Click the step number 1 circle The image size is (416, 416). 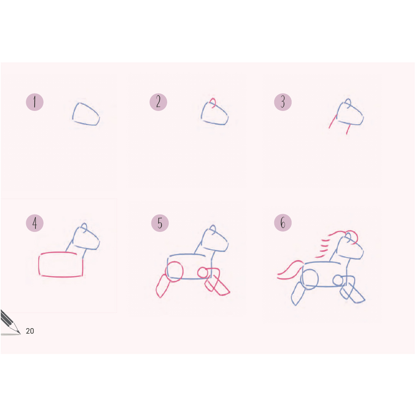point(35,102)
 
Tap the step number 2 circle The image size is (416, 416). point(158,102)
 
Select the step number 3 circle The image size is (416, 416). point(283,102)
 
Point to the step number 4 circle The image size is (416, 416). point(35,223)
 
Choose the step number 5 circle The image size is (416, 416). point(160,223)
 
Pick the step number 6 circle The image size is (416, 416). point(283,223)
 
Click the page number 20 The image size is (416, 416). point(30,331)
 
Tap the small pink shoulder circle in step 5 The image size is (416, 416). point(198,272)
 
